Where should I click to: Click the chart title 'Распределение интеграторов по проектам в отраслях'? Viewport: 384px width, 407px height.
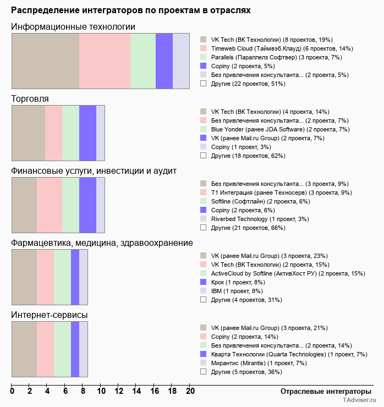(131, 10)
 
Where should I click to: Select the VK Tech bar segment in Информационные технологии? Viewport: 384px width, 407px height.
(46, 61)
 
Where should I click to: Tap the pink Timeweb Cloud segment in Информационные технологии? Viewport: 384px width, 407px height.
(105, 61)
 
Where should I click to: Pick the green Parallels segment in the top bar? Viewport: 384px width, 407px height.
(143, 61)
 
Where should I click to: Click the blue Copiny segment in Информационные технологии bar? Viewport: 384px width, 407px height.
(164, 61)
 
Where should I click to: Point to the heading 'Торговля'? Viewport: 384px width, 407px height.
(30, 99)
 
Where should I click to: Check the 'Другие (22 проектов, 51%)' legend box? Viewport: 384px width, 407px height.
(204, 84)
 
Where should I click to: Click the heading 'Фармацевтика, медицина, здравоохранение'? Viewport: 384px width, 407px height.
(102, 243)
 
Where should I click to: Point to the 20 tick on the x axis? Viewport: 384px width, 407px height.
(190, 392)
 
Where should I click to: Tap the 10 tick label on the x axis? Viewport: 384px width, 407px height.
(101, 392)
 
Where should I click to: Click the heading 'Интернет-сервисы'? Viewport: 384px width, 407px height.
(50, 315)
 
